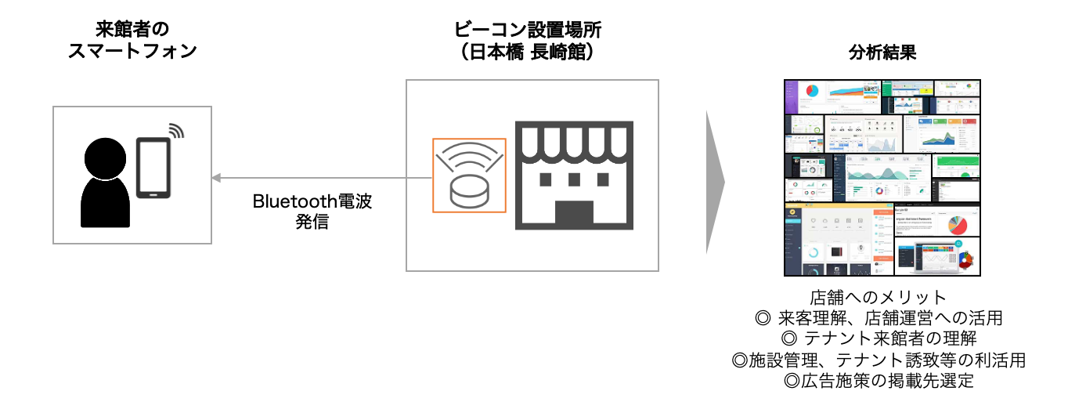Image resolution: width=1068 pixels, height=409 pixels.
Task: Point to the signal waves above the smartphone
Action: coord(176,130)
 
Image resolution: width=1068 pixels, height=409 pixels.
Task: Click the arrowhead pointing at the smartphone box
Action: coord(215,178)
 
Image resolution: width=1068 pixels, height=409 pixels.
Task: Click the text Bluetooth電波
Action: coord(312,201)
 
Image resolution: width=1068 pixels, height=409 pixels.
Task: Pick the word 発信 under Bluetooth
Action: coord(312,222)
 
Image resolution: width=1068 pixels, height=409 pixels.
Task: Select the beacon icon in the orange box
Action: coord(469,176)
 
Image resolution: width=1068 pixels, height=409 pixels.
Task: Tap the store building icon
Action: coord(573,176)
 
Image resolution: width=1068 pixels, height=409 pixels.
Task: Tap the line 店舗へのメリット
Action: coord(879,298)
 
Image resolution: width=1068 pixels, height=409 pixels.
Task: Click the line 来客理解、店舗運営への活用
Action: coord(879,318)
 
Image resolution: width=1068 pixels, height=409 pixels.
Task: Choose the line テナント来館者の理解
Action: coord(879,339)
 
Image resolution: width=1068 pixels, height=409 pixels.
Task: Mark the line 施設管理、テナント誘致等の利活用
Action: coord(879,360)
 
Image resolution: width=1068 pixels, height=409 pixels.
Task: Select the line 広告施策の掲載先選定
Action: coord(879,382)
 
